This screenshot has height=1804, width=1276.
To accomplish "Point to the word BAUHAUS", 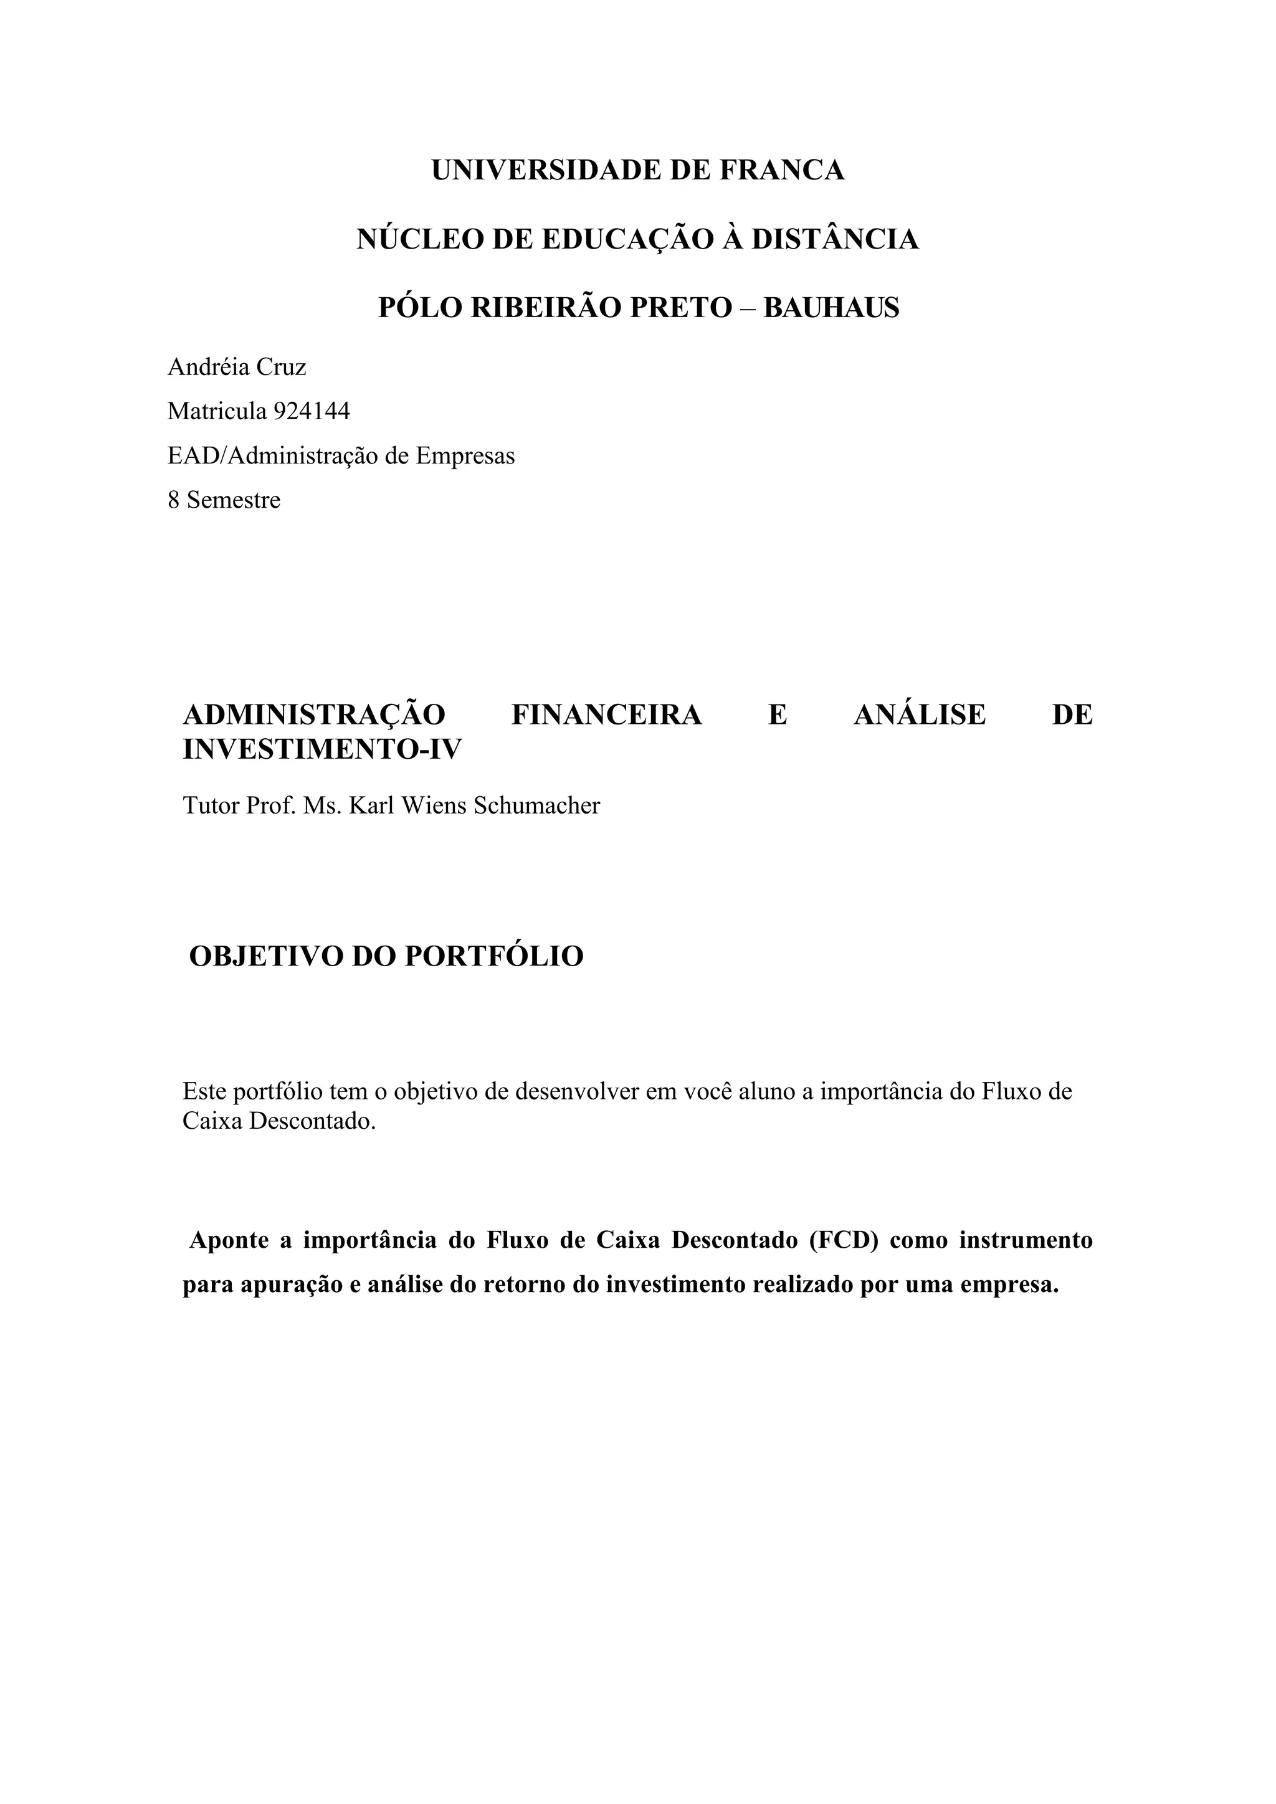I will (831, 307).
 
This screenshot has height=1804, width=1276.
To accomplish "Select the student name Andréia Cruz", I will (237, 367).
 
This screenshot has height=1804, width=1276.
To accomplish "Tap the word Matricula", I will (217, 411).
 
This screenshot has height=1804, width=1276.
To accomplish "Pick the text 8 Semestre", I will (224, 500).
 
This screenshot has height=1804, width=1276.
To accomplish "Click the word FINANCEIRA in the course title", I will (606, 715).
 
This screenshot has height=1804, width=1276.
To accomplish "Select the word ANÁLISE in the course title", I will (919, 715).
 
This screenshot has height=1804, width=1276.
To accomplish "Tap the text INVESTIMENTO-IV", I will (322, 749).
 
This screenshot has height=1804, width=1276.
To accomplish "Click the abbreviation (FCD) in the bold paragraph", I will (843, 1240).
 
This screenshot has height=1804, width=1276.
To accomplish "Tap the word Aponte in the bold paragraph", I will (229, 1240).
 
